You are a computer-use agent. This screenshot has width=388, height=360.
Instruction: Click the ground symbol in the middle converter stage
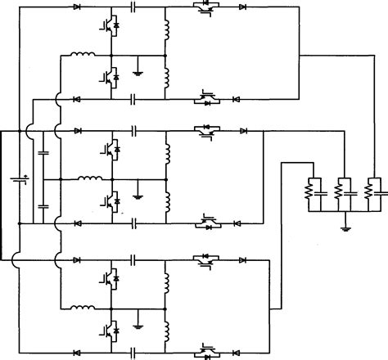click(x=138, y=193)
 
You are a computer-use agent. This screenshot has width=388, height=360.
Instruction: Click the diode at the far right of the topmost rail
click(x=242, y=7)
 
